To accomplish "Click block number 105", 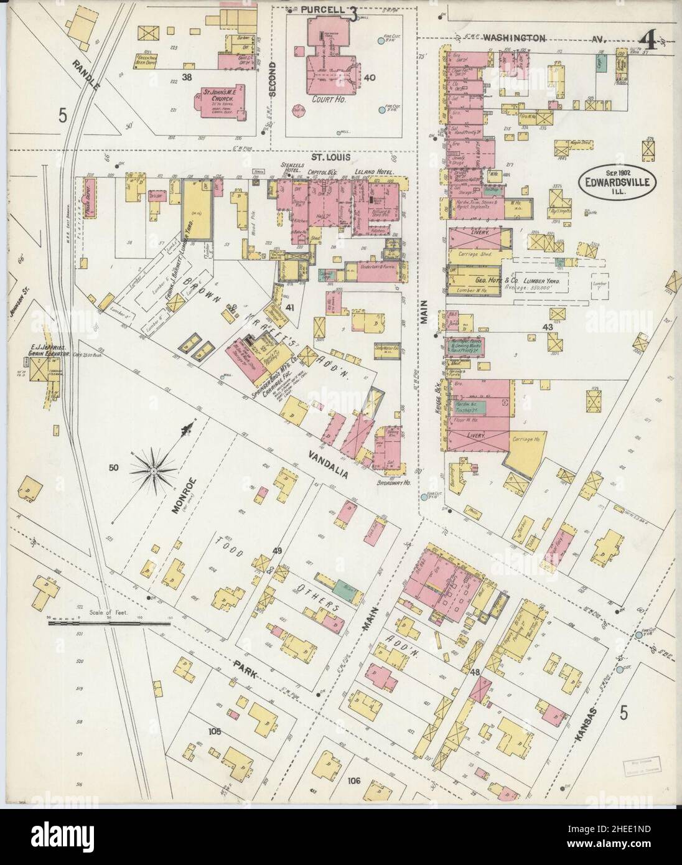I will click(x=215, y=731).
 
